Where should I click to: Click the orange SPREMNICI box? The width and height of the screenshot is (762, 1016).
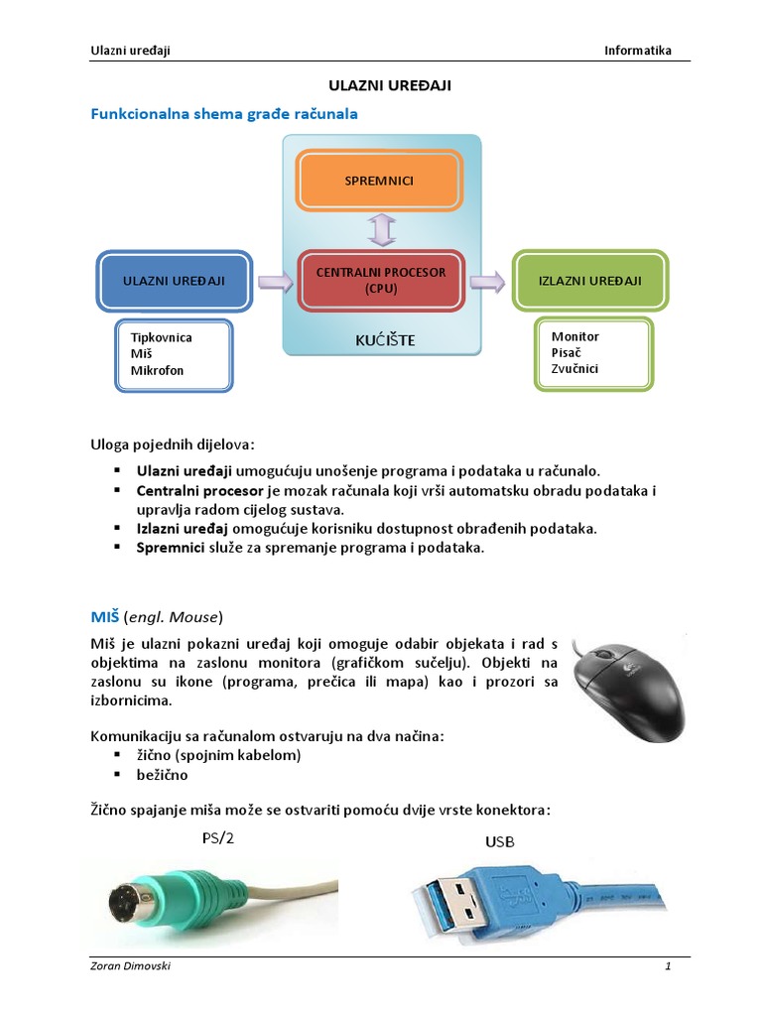[379, 181]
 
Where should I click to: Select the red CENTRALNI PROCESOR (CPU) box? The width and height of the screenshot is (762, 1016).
[381, 281]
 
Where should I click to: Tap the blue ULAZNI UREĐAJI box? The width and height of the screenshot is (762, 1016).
[174, 281]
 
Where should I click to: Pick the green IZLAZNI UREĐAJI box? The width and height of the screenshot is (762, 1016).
[589, 281]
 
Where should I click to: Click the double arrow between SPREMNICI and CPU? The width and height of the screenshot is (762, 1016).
[382, 230]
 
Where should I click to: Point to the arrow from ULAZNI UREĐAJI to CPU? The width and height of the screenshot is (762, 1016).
[276, 282]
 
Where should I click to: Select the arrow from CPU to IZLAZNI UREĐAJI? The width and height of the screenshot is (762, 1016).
[487, 282]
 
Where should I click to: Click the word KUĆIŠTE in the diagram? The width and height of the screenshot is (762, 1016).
[385, 340]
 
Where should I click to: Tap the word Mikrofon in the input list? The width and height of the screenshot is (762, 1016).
[157, 371]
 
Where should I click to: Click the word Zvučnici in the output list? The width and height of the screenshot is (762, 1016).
[574, 369]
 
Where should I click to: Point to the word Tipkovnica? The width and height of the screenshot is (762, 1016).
[162, 337]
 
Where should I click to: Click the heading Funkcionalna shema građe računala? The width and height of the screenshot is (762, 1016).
[224, 114]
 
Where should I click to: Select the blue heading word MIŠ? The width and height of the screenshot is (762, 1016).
[105, 616]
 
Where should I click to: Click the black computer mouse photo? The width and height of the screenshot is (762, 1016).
[628, 690]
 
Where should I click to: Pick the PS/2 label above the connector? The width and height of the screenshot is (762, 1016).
[217, 838]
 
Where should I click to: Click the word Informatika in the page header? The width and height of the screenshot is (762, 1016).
[638, 51]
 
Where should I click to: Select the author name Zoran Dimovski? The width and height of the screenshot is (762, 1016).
[130, 966]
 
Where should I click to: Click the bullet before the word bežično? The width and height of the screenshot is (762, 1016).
[117, 774]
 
